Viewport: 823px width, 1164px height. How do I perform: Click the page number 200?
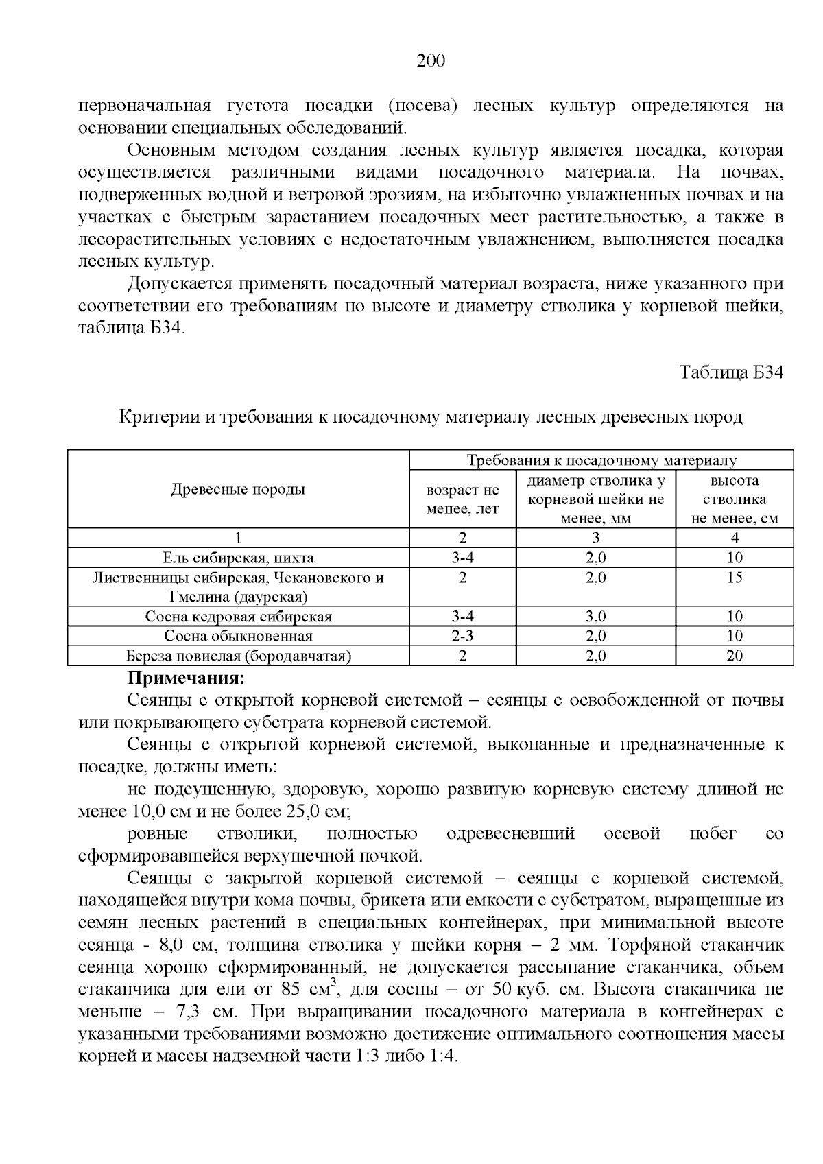pos(431,62)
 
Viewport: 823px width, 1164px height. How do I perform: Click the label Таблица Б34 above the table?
pos(730,372)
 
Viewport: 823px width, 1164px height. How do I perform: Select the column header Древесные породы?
pos(238,489)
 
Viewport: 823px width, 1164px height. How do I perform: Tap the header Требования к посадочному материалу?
pos(601,460)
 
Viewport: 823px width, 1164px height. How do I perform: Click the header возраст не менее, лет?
pos(462,499)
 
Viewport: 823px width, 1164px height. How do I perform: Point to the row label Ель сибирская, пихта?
pos(238,558)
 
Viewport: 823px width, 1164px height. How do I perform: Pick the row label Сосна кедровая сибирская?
pos(238,616)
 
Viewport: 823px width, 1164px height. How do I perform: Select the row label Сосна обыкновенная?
pos(238,636)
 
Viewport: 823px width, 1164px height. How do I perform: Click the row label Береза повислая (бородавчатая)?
pos(238,656)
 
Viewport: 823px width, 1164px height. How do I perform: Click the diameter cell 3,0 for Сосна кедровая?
pos(595,616)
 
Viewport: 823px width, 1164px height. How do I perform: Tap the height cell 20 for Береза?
pos(734,656)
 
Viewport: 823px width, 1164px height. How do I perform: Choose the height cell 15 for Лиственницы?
pos(734,578)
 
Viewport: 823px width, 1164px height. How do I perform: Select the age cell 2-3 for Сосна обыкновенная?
pos(462,636)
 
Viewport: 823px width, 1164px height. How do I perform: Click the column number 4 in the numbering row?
pos(734,538)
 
